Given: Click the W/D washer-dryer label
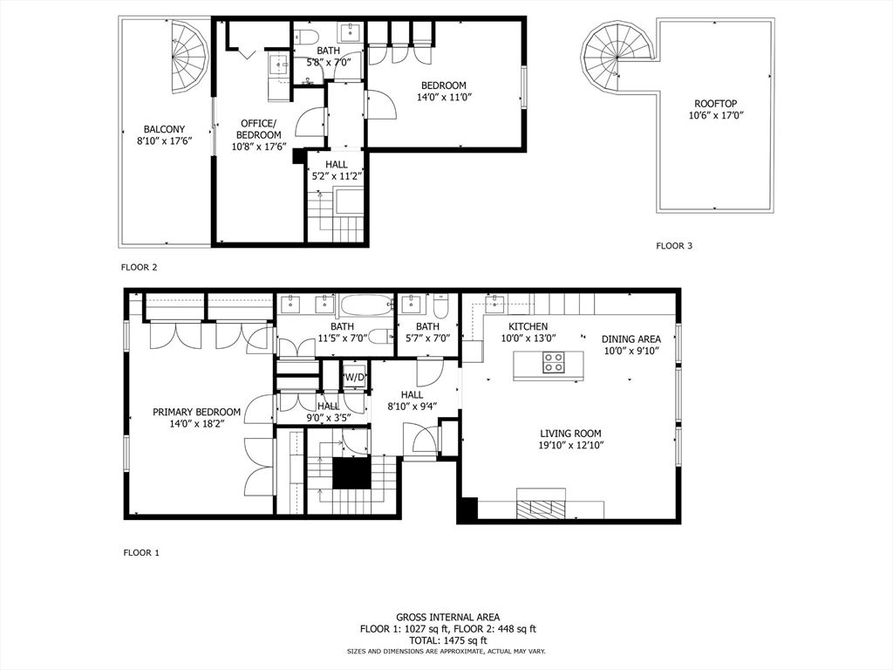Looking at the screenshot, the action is point(354,377).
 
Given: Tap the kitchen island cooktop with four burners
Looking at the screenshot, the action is point(553,362).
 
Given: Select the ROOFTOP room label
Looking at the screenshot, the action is point(716,104).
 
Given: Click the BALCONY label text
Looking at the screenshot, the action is point(164,129).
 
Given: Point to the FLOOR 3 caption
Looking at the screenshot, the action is point(674,246).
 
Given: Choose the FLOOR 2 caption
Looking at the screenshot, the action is point(139,267).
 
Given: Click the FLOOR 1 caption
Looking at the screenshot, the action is point(142,552).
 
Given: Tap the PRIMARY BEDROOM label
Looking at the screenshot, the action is point(196,412).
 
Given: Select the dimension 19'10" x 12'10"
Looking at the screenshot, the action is point(570,445).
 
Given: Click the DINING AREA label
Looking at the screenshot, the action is point(631,339).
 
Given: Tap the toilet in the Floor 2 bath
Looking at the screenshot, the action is point(304,35).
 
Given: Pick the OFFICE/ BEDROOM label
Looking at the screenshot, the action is point(258,129).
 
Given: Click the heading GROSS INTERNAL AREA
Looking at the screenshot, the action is point(448,617).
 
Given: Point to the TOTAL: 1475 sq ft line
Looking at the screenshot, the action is point(448,640).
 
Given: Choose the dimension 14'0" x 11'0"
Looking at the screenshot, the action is point(445,97).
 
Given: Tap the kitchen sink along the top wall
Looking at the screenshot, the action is point(494,304).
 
